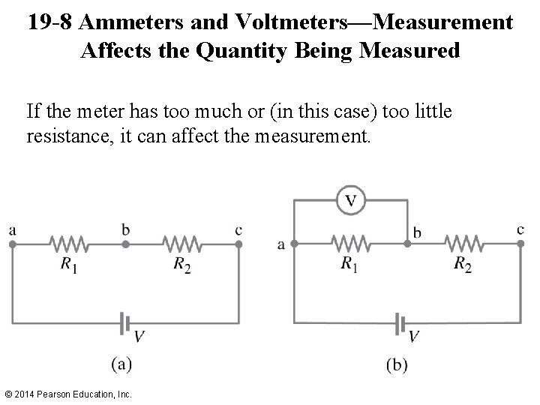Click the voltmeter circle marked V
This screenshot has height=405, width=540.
(350, 200)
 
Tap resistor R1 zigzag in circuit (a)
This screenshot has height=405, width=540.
(69, 244)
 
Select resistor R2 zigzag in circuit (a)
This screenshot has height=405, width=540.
(182, 244)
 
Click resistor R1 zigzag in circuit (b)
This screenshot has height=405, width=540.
(350, 243)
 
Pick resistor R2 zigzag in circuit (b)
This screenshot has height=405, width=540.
(463, 243)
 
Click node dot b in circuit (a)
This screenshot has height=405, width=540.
(125, 244)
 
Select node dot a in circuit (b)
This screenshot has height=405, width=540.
(293, 243)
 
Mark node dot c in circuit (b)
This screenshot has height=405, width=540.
(520, 243)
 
